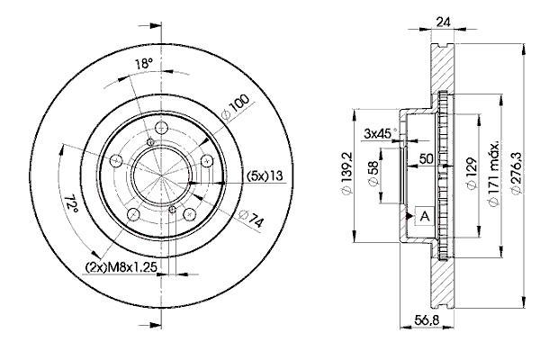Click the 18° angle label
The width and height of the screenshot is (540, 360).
coord(143,64)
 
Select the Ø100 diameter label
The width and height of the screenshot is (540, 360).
coord(235,106)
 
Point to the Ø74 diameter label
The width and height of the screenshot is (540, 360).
coord(251,219)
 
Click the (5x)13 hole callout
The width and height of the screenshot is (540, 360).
coord(265,175)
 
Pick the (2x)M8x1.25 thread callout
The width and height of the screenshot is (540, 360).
coord(121,266)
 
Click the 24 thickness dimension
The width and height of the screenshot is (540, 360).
coord(443,22)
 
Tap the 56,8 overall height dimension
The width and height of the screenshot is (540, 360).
coord(427,320)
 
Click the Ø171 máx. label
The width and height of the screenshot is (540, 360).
coord(494,174)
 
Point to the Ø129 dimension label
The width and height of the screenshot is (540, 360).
coord(472,173)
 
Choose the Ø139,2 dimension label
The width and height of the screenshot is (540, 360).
coord(346,174)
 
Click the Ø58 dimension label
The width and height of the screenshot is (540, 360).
coord(373,174)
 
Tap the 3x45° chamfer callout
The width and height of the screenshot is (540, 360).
coord(380,133)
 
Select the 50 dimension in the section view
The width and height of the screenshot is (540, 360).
coord(426,158)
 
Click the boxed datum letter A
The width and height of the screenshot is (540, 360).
coord(425,217)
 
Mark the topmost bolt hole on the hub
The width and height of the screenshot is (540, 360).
coord(161,128)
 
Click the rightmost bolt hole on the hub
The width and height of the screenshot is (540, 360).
coord(207,160)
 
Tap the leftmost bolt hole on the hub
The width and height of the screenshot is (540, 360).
coord(116,160)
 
